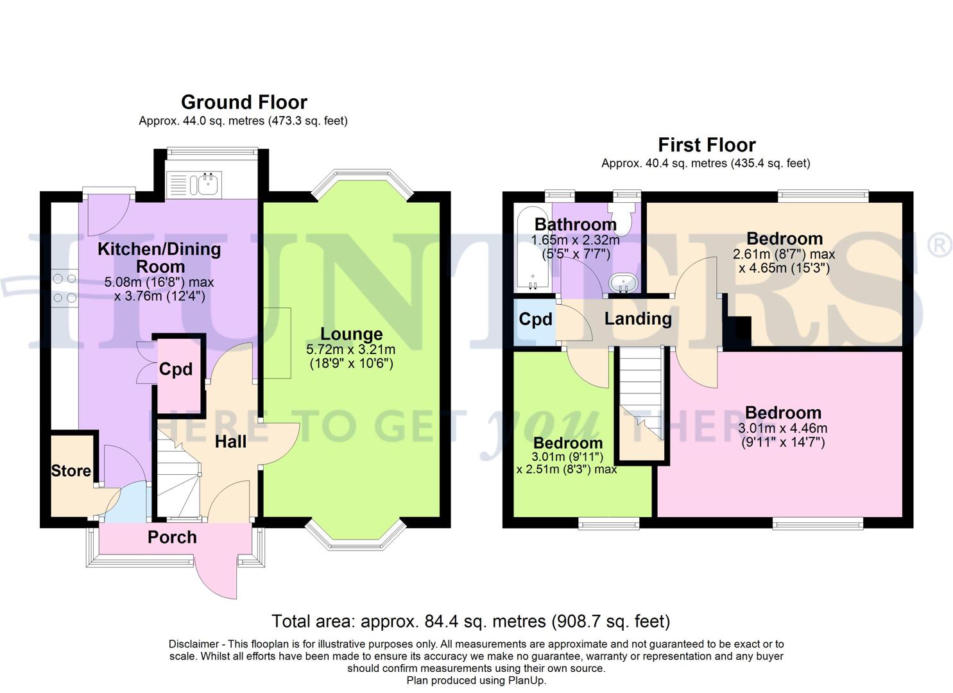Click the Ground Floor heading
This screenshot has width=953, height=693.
(244, 102)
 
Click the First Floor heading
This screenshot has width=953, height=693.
(707, 144)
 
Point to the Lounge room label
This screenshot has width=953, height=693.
(351, 334)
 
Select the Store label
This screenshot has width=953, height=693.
(71, 470)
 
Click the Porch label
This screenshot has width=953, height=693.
(172, 537)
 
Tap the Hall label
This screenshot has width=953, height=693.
(230, 441)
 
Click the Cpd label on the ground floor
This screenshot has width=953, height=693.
(175, 369)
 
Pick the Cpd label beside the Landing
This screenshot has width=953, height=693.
(535, 319)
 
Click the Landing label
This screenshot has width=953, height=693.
(638, 318)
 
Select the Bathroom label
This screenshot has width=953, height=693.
(575, 225)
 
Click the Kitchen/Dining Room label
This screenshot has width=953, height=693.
(159, 257)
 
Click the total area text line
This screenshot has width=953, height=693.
(470, 621)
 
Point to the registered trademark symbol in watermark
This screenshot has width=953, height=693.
(939, 246)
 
